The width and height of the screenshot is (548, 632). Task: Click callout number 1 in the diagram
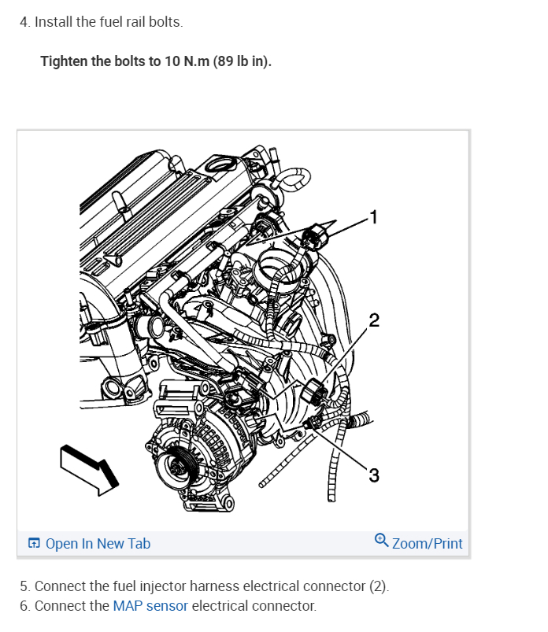(375, 216)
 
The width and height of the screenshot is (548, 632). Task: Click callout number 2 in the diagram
(373, 320)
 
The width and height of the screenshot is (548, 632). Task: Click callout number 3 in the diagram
(373, 475)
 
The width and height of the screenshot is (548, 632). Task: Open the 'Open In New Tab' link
(98, 544)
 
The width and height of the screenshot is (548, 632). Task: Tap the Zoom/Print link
(427, 544)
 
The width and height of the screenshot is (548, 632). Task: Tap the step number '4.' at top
(25, 22)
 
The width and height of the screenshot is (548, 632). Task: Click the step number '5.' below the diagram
(25, 586)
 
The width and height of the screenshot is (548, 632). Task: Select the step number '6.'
(25, 606)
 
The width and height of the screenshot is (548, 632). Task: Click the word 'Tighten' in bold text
(65, 61)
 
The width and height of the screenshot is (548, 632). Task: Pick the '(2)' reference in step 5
(379, 586)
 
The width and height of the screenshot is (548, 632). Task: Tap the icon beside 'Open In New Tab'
(34, 544)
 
